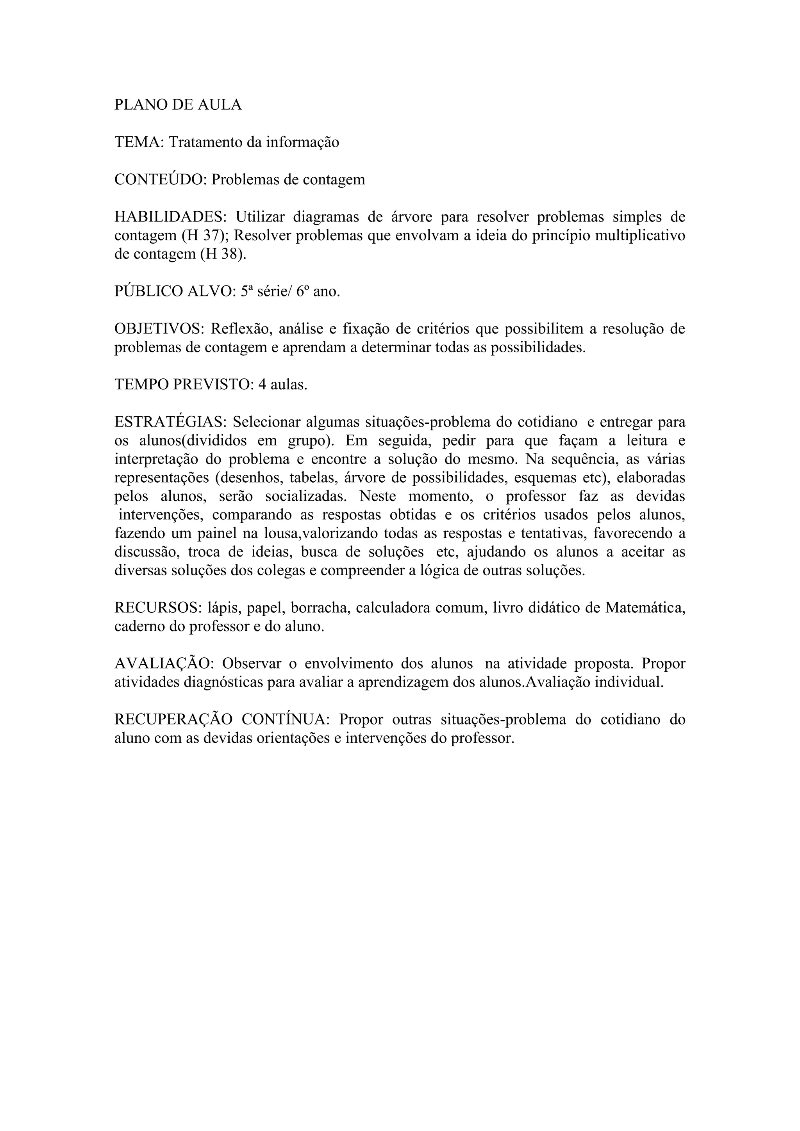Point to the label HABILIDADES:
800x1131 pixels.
(x=170, y=217)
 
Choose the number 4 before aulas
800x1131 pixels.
(x=262, y=384)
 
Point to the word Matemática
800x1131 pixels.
(x=645, y=608)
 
